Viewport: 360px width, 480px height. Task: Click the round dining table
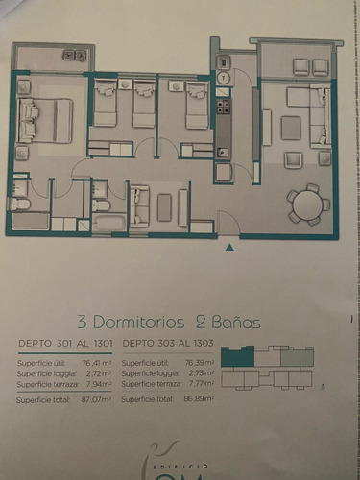[308, 204]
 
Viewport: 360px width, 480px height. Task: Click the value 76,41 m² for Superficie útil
[97, 363]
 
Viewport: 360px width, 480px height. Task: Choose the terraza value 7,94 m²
[99, 383]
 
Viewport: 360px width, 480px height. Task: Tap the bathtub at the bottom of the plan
[108, 224]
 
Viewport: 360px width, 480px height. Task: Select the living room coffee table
[291, 128]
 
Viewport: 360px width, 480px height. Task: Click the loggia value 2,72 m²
[99, 372]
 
